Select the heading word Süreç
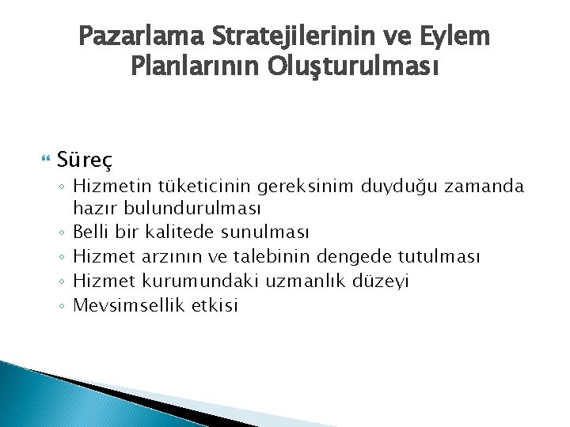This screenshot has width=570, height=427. pyautogui.click(x=85, y=161)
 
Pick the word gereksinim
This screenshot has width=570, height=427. pyautogui.click(x=317, y=187)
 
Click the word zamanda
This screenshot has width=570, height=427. pyautogui.click(x=498, y=187)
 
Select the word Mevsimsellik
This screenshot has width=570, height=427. pyautogui.click(x=128, y=304)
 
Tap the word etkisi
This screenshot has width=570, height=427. pyautogui.click(x=215, y=304)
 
